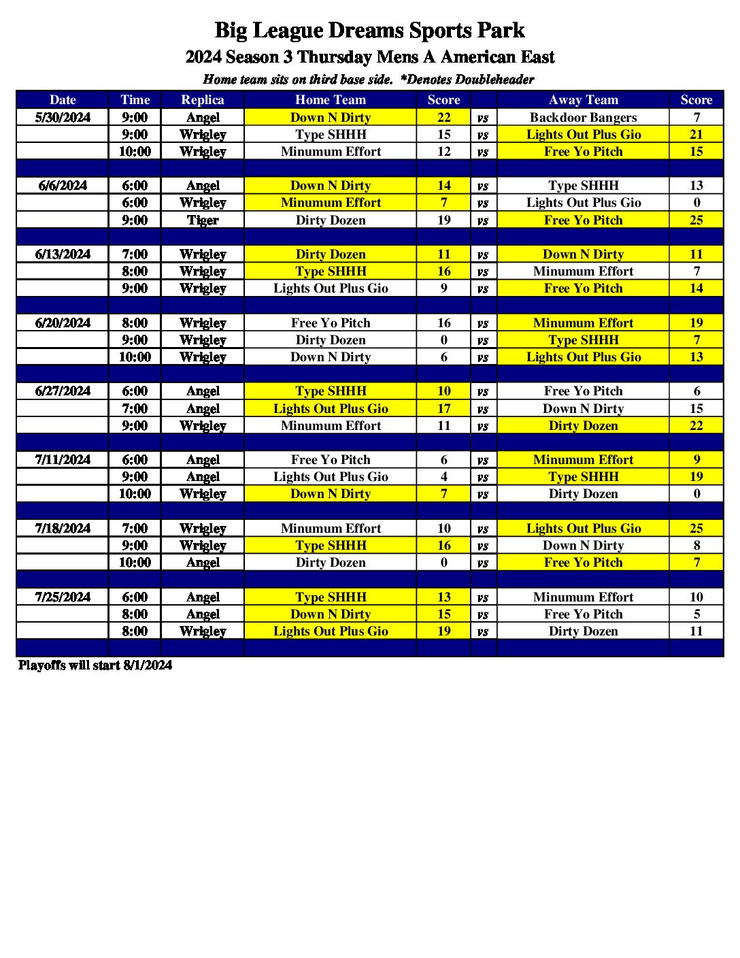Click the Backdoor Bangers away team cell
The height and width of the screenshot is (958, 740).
pos(583,117)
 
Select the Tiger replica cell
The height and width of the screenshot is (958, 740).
pos(203,220)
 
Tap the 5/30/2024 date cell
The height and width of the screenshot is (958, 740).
pos(63,117)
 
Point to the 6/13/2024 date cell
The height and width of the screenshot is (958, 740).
pos(63,254)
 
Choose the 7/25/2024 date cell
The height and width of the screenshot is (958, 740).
pos(63,597)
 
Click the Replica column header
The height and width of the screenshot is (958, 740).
pos(203,99)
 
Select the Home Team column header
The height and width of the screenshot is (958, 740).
pos(331,99)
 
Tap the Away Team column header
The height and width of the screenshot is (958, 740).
pos(583,99)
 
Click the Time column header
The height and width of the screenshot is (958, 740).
pos(135,99)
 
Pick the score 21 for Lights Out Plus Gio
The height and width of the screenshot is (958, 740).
pos(696,134)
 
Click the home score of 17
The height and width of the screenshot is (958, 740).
pos(443,408)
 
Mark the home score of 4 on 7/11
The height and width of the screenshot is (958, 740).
pos(443,476)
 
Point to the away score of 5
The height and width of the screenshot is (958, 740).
pos(696,614)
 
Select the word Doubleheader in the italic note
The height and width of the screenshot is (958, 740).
pos(494,79)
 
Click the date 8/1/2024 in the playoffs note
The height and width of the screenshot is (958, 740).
pos(148,665)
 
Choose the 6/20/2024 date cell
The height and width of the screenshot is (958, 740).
pos(63,323)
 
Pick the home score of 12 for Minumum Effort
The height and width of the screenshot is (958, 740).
pos(443,151)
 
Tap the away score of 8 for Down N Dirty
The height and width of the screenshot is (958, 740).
pos(696,545)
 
